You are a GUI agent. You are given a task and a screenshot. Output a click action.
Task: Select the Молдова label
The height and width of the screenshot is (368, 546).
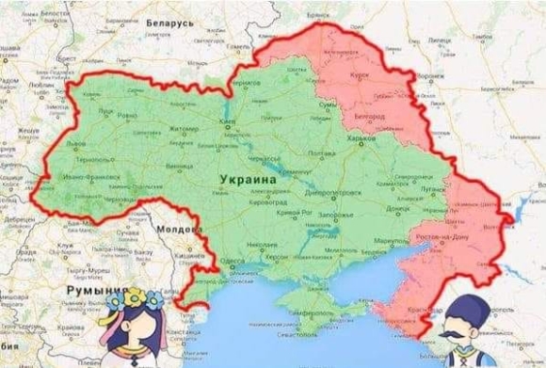[x=173, y=229]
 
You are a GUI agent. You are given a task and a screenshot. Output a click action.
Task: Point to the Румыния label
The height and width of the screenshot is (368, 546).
[x=90, y=293]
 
